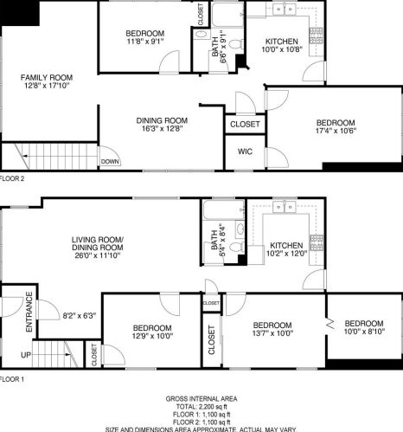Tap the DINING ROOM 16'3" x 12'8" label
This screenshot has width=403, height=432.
[162, 125]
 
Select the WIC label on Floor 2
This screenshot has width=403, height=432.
[244, 152]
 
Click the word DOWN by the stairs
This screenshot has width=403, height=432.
[110, 161]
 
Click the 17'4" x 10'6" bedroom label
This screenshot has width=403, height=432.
[334, 127]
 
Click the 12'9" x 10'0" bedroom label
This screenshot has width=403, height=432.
[151, 332]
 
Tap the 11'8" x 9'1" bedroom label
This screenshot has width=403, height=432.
[145, 38]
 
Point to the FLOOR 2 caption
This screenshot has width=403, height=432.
[13, 178]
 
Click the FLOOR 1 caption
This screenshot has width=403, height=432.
[13, 379]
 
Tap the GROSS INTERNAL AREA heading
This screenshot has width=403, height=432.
[201, 399]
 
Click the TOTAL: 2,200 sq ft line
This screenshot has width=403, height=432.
[201, 407]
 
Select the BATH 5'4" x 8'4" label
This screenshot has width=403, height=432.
[215, 239]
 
